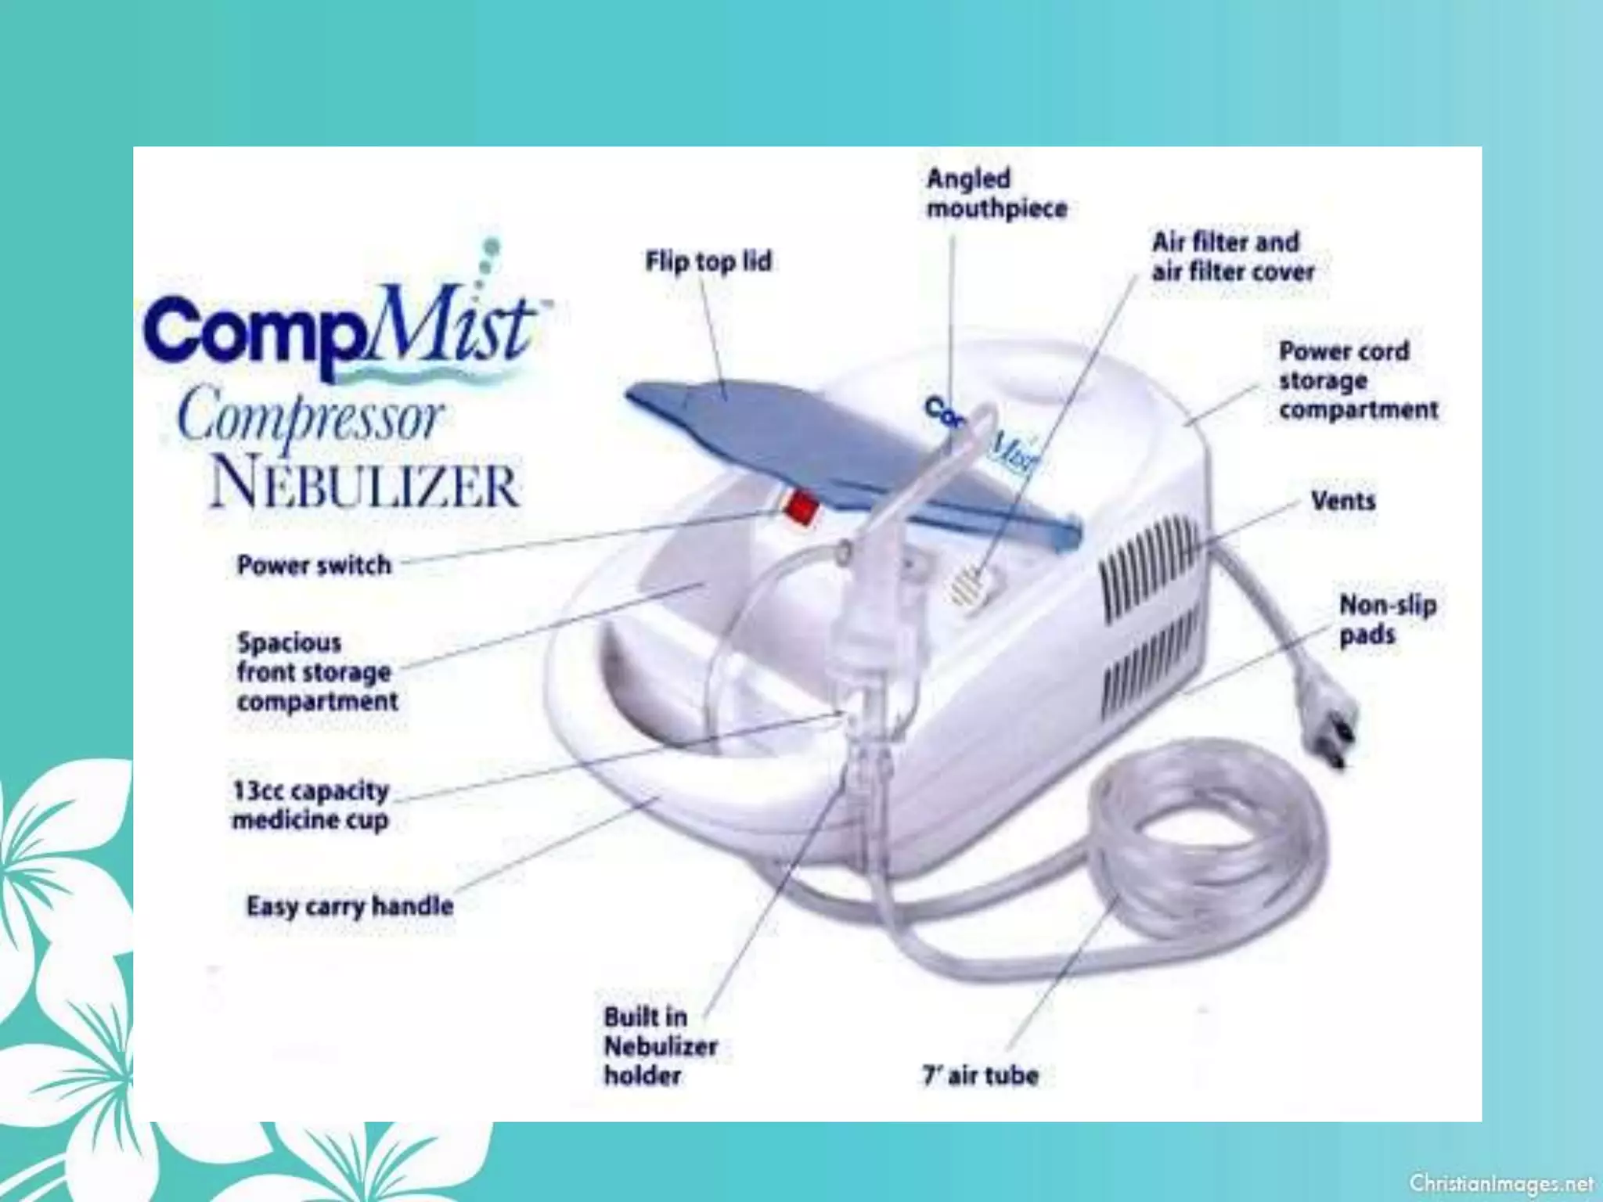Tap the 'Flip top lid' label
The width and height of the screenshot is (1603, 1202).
click(x=708, y=261)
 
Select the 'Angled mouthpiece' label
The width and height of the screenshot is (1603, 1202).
click(x=996, y=193)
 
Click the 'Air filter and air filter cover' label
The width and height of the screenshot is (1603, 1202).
click(x=1232, y=257)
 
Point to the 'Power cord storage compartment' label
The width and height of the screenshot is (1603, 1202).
click(x=1358, y=381)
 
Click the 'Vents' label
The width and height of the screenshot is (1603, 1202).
click(x=1343, y=501)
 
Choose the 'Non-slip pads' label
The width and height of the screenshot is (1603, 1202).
click(x=1387, y=620)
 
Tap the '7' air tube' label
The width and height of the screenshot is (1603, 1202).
click(x=980, y=1076)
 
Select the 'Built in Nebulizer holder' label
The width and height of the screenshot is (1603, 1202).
click(x=660, y=1046)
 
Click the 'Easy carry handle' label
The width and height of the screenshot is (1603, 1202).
click(x=350, y=906)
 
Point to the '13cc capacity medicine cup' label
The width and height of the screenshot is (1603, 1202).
click(x=311, y=805)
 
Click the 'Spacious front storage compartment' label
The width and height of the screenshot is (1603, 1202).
click(x=317, y=672)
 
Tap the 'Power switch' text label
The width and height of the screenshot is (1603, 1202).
click(x=314, y=565)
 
